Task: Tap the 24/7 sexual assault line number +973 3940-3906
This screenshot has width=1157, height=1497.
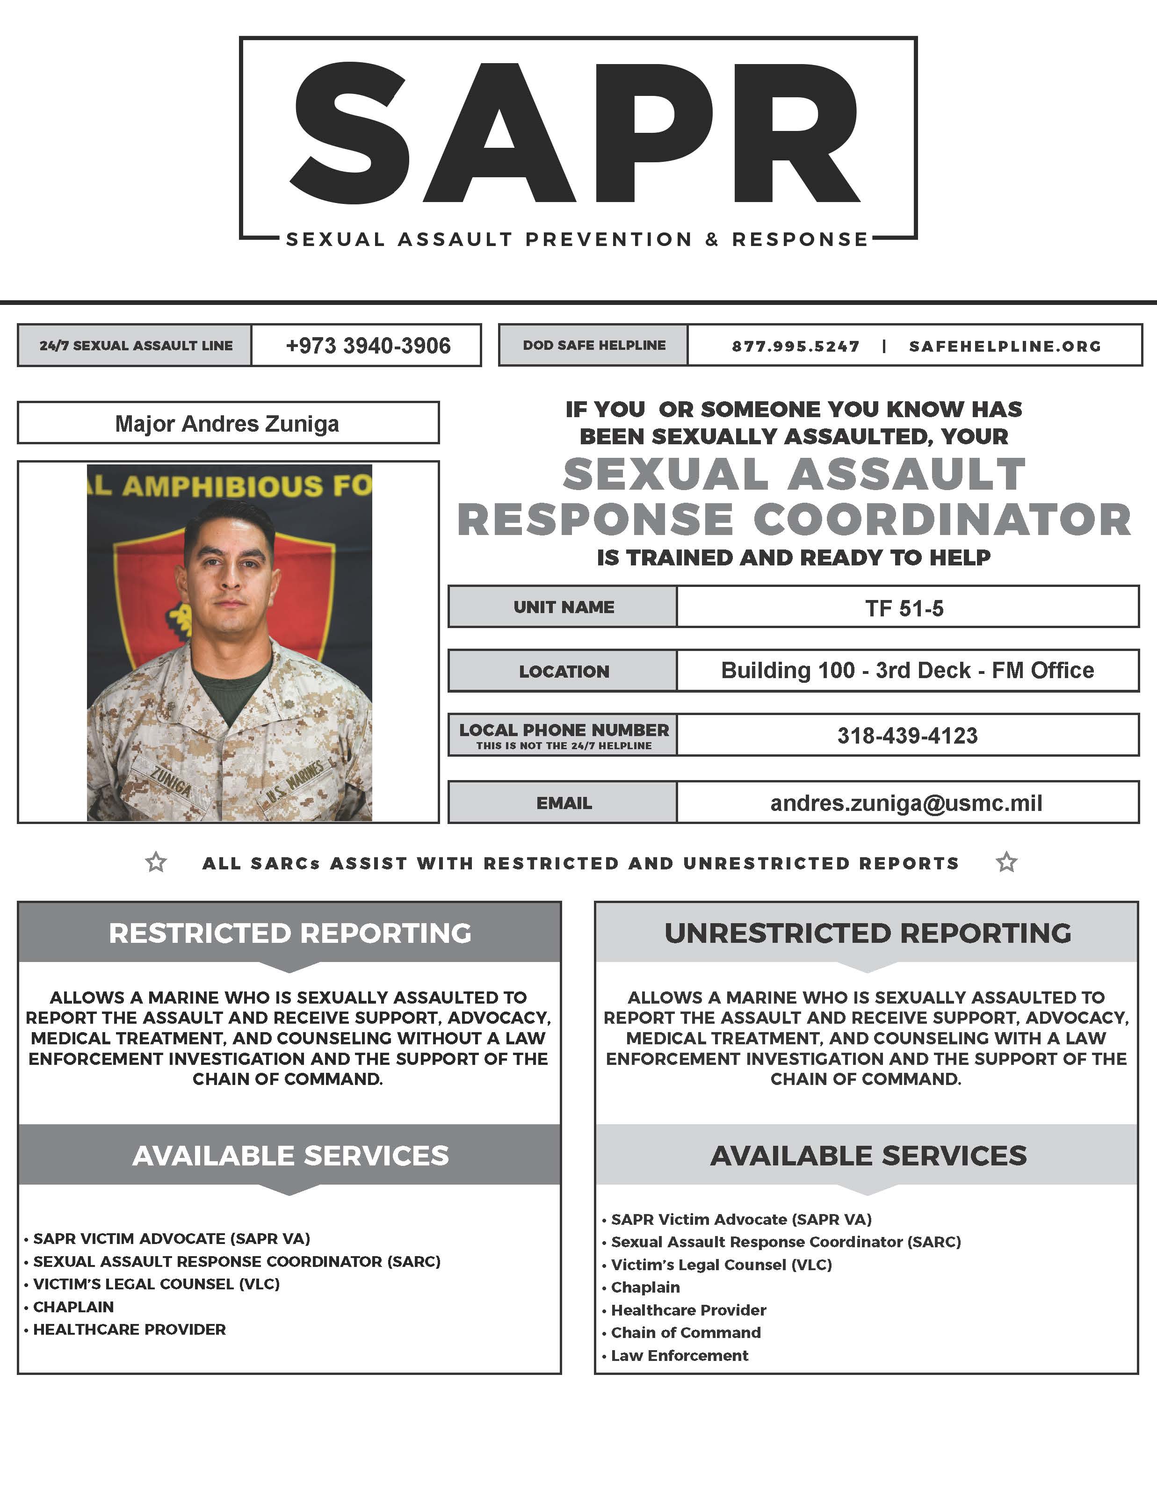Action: click(x=368, y=346)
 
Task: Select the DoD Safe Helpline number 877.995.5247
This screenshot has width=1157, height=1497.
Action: click(x=795, y=346)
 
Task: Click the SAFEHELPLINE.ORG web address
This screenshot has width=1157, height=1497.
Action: click(x=1005, y=346)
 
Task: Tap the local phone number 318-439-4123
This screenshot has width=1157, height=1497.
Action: click(x=907, y=736)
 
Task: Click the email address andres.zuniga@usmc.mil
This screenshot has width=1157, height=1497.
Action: click(x=906, y=803)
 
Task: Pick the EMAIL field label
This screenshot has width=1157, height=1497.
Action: click(x=564, y=803)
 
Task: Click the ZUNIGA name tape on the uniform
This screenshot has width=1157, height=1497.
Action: click(x=171, y=781)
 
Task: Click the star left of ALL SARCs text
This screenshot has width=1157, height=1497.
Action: click(x=156, y=862)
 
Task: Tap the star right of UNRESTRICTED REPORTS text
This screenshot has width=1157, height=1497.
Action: click(x=1006, y=862)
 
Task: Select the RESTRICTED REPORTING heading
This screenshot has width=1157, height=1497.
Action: click(x=290, y=933)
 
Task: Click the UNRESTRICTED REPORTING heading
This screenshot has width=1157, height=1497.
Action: click(x=867, y=933)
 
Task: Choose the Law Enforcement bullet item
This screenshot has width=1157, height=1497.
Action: click(x=679, y=1355)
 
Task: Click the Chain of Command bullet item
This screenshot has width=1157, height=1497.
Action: click(x=686, y=1332)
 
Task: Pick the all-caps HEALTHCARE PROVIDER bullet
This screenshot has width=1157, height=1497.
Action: click(x=130, y=1329)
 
